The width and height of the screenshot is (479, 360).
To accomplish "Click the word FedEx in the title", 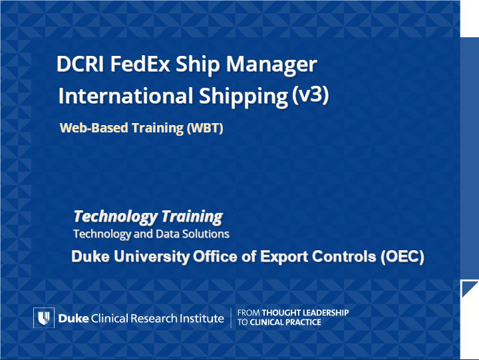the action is click(140, 64).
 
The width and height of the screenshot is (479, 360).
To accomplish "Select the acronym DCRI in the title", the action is click(80, 64).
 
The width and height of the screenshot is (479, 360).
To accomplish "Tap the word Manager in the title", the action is click(271, 65).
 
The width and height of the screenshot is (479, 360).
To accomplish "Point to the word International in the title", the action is click(126, 96).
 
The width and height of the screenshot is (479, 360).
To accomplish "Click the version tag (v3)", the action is click(310, 94).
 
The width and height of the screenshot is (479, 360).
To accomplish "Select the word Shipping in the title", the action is click(243, 97).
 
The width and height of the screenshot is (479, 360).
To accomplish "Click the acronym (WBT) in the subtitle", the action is click(205, 128).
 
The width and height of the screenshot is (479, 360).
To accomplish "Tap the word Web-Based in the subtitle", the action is click(94, 128).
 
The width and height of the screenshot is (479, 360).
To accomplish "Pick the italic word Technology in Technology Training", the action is click(116, 217).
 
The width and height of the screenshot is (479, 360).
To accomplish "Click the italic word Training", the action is click(192, 217).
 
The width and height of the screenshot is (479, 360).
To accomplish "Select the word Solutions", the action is click(206, 234).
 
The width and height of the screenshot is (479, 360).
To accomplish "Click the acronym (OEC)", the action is click(402, 256).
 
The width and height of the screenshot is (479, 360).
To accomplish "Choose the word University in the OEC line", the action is click(152, 256).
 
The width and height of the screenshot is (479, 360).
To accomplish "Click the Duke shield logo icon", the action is click(44, 318).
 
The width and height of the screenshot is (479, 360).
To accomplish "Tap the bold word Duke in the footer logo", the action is click(73, 319).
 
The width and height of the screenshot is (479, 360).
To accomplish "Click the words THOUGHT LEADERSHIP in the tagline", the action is click(305, 313).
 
